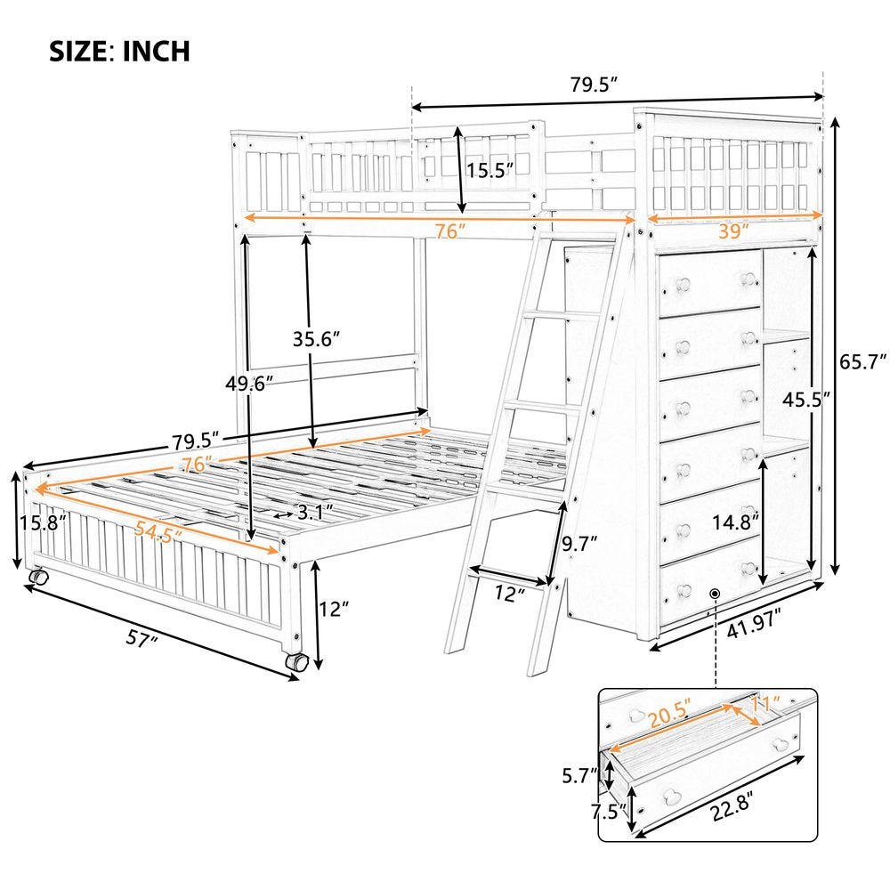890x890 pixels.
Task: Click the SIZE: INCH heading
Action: click(118, 51)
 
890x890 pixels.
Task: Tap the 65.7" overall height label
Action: click(862, 362)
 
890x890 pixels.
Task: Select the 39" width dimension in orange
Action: click(733, 230)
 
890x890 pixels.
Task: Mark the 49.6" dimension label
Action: click(248, 384)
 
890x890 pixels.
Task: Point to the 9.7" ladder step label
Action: click(579, 541)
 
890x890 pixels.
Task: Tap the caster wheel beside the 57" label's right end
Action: click(296, 663)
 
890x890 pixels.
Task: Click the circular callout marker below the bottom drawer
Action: click(716, 593)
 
